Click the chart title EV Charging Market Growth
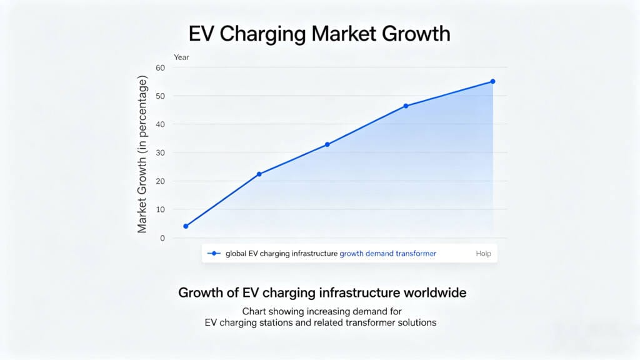coord(319,33)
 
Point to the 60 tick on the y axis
coord(161,67)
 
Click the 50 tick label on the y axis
coord(161,96)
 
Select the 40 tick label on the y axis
coord(161,124)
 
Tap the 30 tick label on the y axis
coord(161,152)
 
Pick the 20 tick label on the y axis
coord(161,181)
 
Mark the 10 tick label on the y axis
coord(161,209)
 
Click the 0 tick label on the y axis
coord(162,238)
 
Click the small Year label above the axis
coord(181,57)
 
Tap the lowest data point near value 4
coord(186,226)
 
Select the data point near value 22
coord(259,174)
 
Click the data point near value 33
coord(327,144)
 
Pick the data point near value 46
coord(406,106)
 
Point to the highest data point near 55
coord(492,81)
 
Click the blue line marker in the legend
coord(214,254)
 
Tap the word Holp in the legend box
coord(482,254)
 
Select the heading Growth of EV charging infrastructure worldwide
coord(322,292)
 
